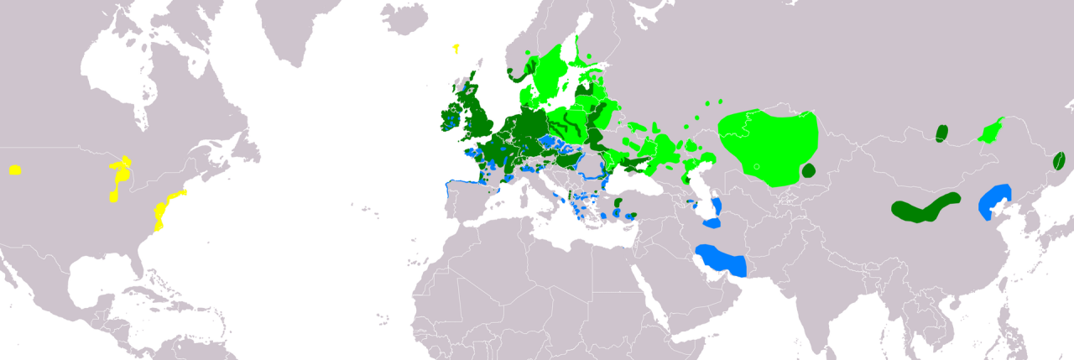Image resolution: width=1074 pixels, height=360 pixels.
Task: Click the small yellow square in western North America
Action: [x=15, y=170]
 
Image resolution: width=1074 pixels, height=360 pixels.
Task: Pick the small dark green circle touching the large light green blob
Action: [x=808, y=170]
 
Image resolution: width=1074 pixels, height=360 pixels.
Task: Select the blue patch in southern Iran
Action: [x=722, y=261]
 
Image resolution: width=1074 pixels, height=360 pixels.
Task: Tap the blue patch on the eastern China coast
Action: [x=995, y=201]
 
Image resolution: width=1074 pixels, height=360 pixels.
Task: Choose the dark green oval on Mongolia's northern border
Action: [x=941, y=133]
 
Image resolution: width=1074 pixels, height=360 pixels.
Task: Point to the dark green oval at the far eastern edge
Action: [x=1060, y=160]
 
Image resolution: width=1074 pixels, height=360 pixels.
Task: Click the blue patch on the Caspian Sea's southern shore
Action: [x=712, y=223]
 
